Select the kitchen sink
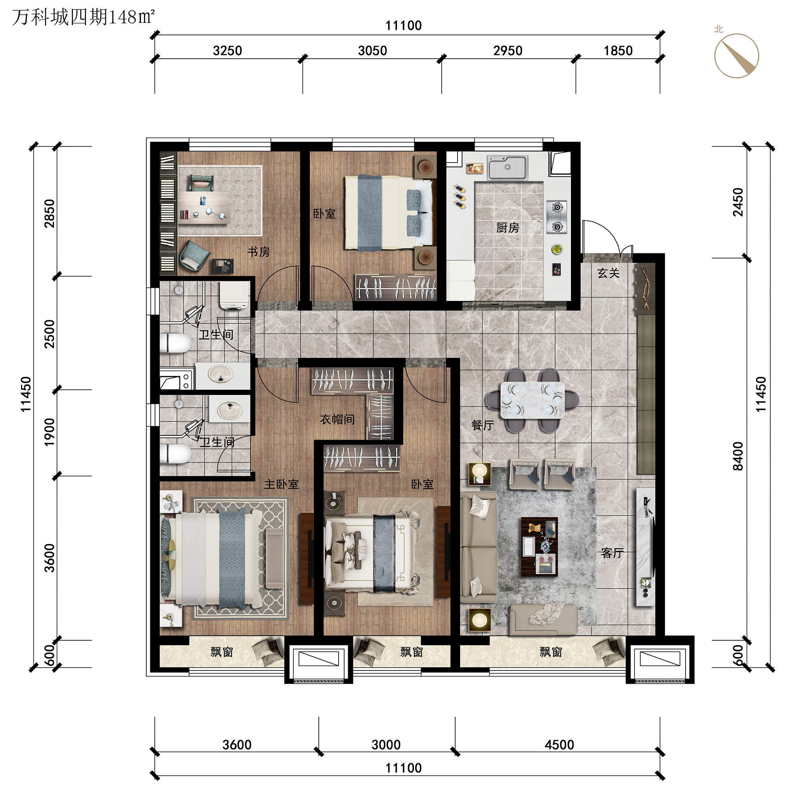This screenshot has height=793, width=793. [508, 168]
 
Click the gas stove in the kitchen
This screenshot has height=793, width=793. [557, 217]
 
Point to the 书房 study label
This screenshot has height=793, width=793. [259, 252]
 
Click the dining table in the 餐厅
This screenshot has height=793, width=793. [532, 400]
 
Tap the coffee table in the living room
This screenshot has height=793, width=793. [539, 547]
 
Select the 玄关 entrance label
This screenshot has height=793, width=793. [608, 273]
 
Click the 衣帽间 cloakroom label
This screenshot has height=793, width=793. [337, 419]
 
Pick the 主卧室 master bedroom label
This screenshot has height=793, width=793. [281, 485]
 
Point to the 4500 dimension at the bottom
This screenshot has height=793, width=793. [559, 745]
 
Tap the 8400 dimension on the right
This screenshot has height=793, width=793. [738, 456]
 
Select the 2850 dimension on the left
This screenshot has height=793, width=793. [49, 213]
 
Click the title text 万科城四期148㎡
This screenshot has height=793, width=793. [83, 17]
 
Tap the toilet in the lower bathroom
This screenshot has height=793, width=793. [176, 454]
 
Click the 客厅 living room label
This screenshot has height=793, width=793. [612, 553]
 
